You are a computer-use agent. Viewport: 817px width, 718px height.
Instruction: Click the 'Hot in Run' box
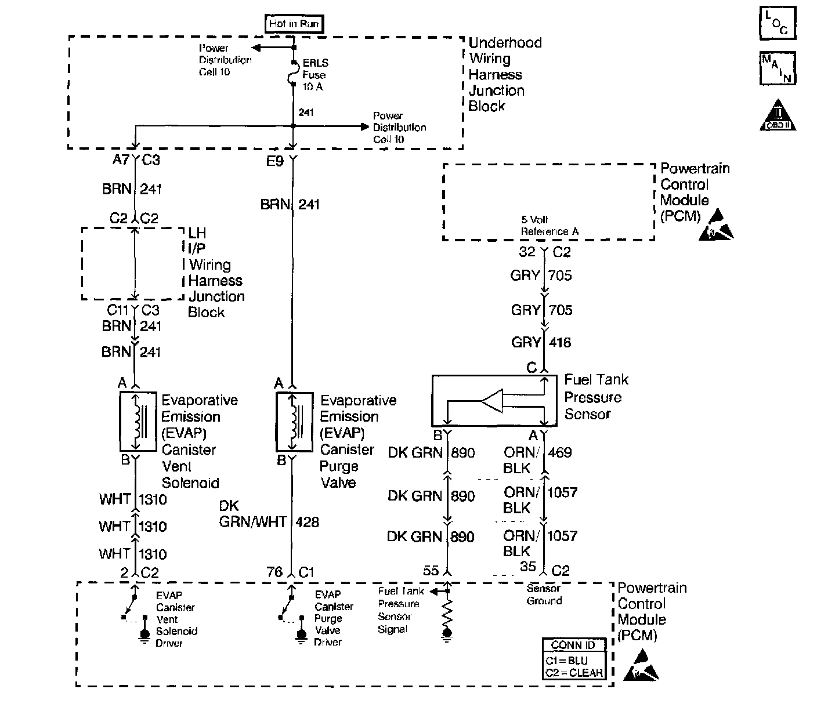pos(294,24)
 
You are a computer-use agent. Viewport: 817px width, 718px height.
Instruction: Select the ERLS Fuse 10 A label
pos(314,75)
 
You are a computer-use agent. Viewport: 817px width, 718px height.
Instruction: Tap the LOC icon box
pos(777,23)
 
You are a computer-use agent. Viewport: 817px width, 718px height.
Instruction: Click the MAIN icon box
pos(777,68)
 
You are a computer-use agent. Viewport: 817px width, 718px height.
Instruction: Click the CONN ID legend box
pos(574,659)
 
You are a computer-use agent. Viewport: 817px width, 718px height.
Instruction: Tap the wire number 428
pos(307,523)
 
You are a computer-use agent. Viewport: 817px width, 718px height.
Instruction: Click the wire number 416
pos(559,343)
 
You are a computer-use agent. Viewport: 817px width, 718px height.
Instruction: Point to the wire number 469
pos(559,452)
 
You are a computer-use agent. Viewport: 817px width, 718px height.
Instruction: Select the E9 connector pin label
pos(274,161)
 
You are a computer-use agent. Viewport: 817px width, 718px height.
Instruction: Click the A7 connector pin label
pos(120,160)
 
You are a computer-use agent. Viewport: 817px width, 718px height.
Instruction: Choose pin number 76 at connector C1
pos(274,572)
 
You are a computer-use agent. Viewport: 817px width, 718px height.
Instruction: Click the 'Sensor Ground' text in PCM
pos(544,594)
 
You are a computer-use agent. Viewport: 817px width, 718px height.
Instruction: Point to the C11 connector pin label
pos(117,310)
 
